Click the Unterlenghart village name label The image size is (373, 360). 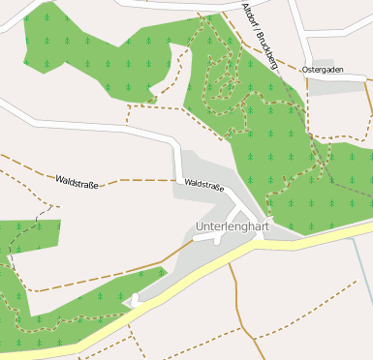tap(232, 226)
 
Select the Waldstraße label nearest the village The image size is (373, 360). tap(203, 183)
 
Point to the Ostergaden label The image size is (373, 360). tap(323, 71)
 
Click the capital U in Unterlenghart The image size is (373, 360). tap(199, 226)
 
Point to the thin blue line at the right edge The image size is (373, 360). tap(366, 281)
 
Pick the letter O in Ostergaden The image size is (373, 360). tap(305, 71)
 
